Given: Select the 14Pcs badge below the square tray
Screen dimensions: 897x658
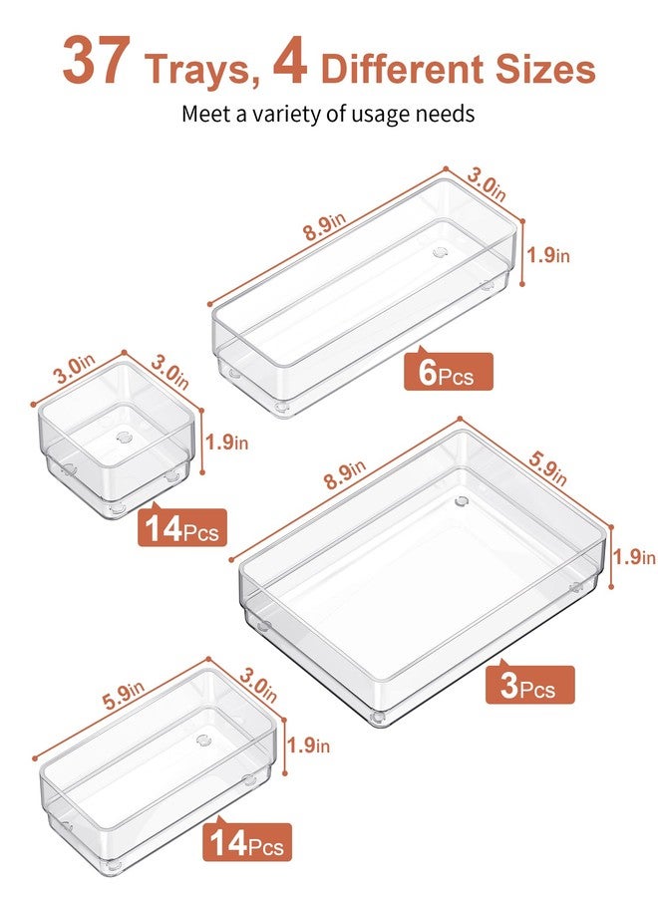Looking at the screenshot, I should point(182,527).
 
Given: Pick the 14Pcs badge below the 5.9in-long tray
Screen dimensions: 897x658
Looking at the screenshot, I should point(248,842).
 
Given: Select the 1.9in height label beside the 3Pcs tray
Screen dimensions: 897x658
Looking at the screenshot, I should point(634,556).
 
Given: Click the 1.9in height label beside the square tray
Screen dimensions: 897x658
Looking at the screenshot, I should point(226,442).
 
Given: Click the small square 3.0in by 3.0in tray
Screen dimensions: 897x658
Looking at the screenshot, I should point(115,439).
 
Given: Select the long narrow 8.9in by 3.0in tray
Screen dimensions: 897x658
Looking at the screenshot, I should point(369,299).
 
